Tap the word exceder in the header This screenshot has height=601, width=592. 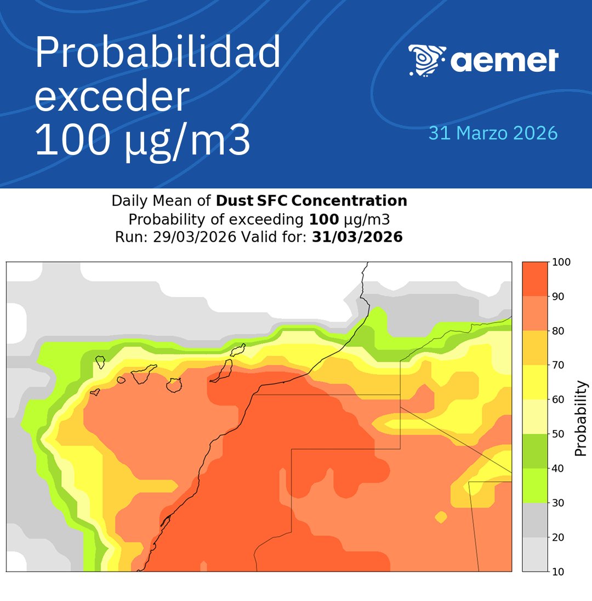[112, 97]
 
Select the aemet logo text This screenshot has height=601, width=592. [504, 60]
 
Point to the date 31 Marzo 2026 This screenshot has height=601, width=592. [493, 133]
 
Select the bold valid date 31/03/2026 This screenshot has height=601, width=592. [357, 237]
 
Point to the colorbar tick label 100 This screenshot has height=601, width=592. [563, 262]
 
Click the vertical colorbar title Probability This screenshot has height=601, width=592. [581, 419]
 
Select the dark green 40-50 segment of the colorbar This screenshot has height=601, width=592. [535, 451]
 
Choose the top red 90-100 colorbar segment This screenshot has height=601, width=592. [535, 279]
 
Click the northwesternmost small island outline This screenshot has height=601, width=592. [100, 362]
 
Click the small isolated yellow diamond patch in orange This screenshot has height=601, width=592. [441, 516]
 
